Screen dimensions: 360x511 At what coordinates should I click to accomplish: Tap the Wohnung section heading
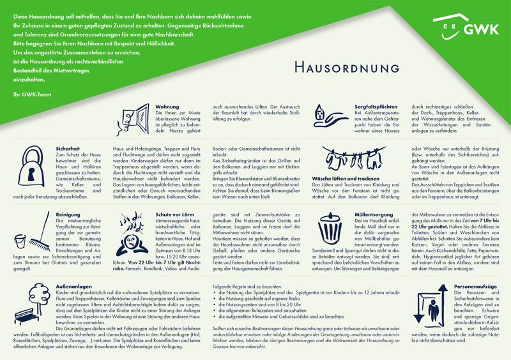point(168,107)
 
